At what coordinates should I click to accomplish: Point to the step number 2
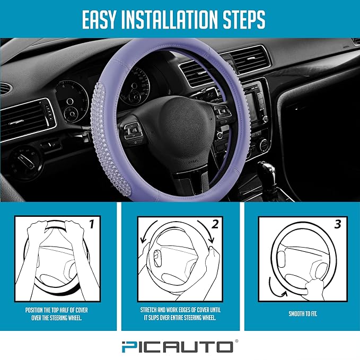[215, 224]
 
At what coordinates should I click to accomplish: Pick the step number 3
[337, 224]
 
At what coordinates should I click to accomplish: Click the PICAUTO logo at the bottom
[180, 347]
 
